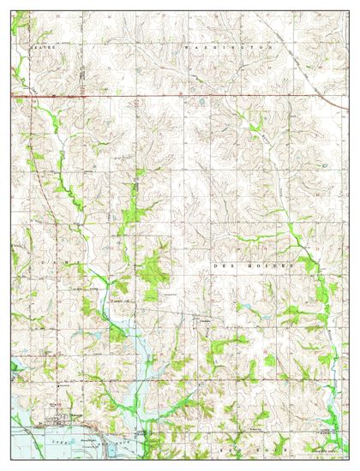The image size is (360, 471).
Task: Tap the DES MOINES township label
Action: point(252,267)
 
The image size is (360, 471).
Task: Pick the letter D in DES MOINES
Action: point(213,267)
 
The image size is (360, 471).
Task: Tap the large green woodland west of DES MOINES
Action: point(154,270)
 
